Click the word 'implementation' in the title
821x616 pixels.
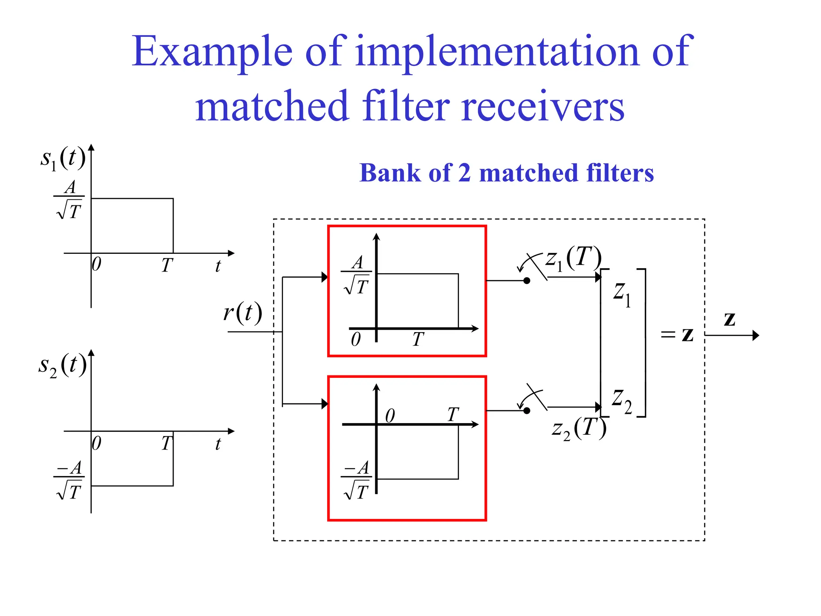pyautogui.click(x=496, y=52)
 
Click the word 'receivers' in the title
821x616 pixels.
pyautogui.click(x=543, y=107)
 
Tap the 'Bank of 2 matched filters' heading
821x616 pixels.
pyautogui.click(x=506, y=173)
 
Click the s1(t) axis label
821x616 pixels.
pyautogui.click(x=63, y=158)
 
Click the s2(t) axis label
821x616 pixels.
pyautogui.click(x=63, y=365)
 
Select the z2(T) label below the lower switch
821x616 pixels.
pyautogui.click(x=579, y=428)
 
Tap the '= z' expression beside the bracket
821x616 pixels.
pyautogui.click(x=677, y=334)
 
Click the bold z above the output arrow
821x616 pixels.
pyautogui.click(x=730, y=319)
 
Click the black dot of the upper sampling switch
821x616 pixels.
pyautogui.click(x=527, y=281)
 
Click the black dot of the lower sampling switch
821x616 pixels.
pyautogui.click(x=527, y=411)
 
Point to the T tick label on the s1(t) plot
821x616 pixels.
pyautogui.click(x=167, y=265)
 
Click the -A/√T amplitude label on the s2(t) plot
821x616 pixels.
pyautogui.click(x=69, y=480)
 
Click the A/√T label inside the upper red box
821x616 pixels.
pyautogui.click(x=356, y=275)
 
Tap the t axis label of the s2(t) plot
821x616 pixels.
pyautogui.click(x=218, y=444)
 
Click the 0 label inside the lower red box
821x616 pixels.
pyautogui.click(x=390, y=416)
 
